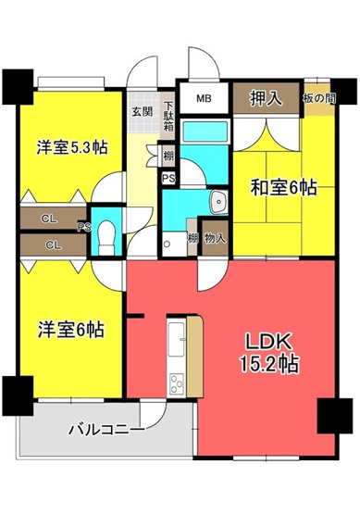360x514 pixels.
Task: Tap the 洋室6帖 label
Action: (x=69, y=329)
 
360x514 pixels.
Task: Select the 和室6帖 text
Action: (x=282, y=188)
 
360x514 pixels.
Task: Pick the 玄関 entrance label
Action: (x=142, y=112)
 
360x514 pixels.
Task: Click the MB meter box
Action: (x=202, y=97)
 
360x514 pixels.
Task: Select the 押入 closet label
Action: (x=266, y=97)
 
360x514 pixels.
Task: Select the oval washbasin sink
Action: (x=218, y=201)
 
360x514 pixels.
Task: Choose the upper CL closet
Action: (x=47, y=219)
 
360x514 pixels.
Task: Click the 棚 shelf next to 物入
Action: (x=192, y=239)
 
